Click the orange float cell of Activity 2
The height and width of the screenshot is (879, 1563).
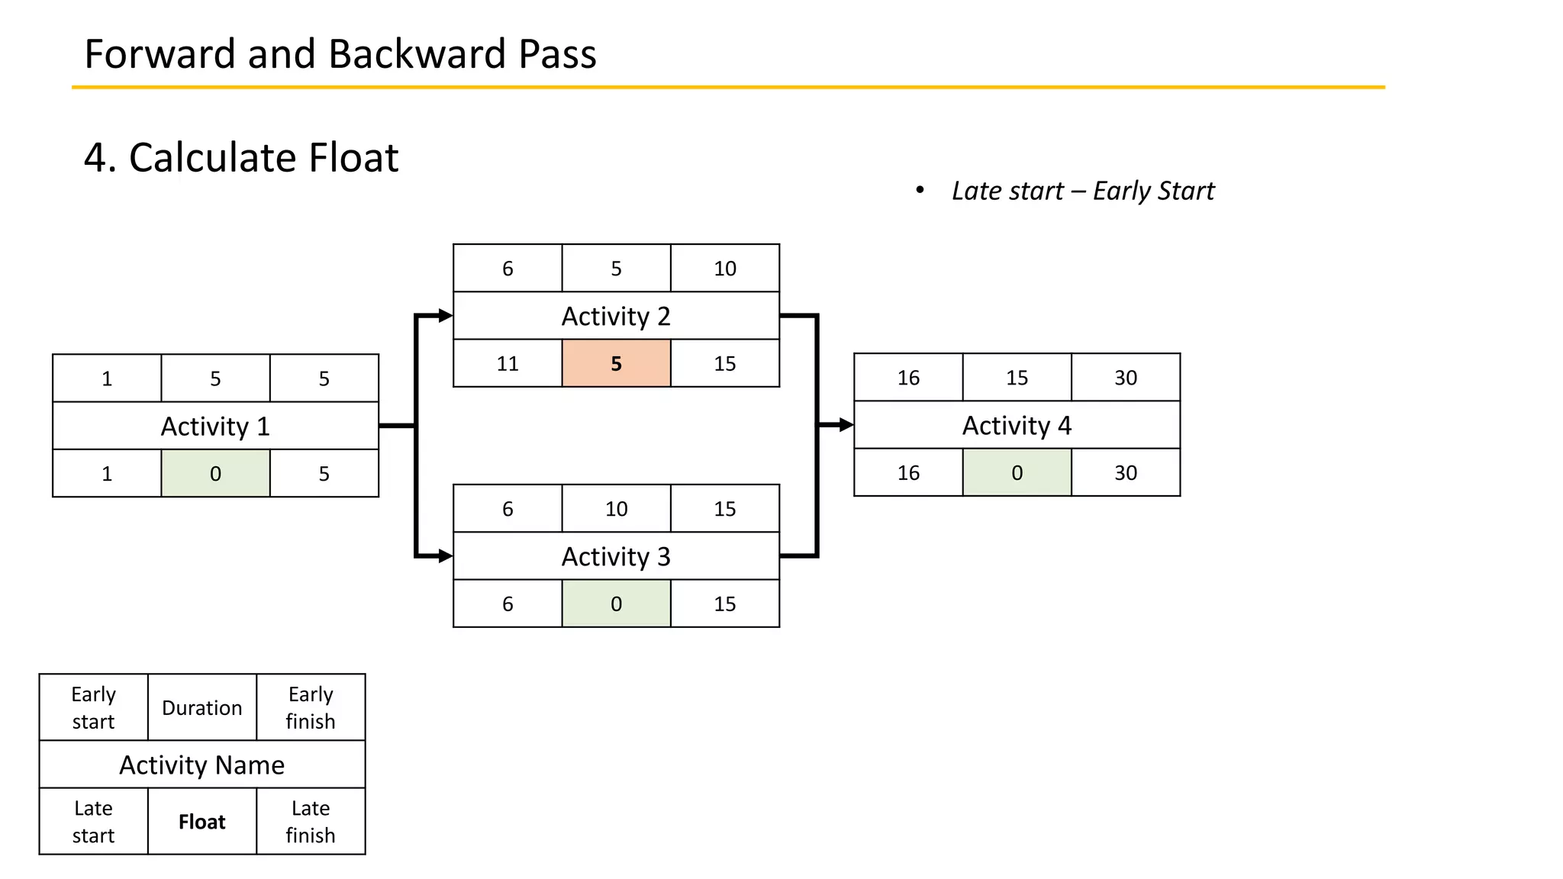[x=616, y=363]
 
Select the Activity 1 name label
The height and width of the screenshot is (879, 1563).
[x=215, y=426]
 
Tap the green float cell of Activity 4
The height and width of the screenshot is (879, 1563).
[x=1017, y=472]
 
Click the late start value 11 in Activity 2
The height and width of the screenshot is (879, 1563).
[x=508, y=363]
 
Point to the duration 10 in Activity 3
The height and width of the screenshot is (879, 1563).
[x=616, y=509]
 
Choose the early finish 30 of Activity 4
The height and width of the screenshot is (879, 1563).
[x=1125, y=378]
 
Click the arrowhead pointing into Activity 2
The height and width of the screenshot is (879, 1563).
[x=445, y=315]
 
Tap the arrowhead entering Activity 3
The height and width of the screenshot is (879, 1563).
[x=445, y=556]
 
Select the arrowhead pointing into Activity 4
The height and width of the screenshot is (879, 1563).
[x=846, y=425]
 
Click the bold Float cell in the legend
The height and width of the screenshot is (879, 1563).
[x=201, y=822]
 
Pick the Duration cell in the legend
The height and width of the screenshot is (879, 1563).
[x=201, y=708]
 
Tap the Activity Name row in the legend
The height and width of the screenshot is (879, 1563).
[x=201, y=765]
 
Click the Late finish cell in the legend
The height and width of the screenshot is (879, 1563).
[x=311, y=822]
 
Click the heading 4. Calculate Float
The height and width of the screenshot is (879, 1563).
[x=241, y=158]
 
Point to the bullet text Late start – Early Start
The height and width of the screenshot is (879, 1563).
[x=1082, y=191]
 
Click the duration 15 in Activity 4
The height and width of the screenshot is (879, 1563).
[x=1017, y=378]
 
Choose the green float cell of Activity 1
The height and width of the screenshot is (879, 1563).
[x=215, y=473]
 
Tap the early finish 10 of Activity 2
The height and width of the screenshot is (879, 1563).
[x=724, y=269]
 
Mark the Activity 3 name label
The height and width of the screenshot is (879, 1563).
[x=616, y=556]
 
